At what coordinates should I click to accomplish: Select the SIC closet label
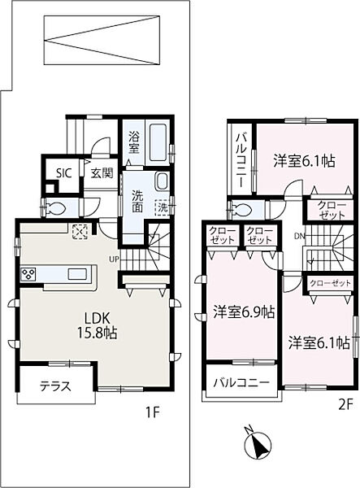(x=62, y=172)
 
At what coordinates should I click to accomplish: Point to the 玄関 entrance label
(x=101, y=172)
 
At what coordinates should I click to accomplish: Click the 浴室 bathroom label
(x=134, y=143)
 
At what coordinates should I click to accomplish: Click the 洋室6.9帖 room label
(x=243, y=312)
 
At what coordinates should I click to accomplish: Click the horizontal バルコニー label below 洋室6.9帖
(x=242, y=382)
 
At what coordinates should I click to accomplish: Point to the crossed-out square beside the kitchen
(x=80, y=231)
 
